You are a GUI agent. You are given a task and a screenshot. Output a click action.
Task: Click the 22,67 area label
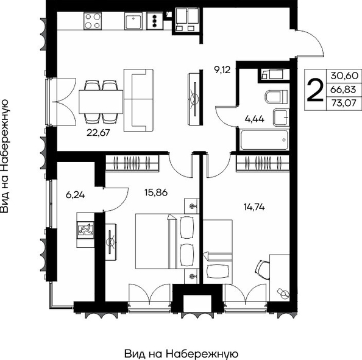point(98,133)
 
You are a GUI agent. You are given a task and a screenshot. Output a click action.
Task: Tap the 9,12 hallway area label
point(222,69)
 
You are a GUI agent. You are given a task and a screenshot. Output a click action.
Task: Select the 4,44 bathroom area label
point(254,119)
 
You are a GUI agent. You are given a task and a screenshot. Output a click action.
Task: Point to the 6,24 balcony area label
point(75,196)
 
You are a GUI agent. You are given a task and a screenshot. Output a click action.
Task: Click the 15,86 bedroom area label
point(156,192)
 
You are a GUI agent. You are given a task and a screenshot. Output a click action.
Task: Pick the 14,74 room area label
point(254,207)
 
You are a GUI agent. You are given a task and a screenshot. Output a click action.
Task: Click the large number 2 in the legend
point(315,90)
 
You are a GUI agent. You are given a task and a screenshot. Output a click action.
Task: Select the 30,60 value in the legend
point(344,76)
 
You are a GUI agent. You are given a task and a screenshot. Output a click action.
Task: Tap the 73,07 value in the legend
point(344,103)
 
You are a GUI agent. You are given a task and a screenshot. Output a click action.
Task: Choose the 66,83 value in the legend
point(343,89)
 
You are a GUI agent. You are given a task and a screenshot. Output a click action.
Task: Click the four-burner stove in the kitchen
point(93,21)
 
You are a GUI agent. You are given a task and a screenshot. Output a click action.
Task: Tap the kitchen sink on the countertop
point(133,21)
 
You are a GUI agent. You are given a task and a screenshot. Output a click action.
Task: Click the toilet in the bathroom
point(276,96)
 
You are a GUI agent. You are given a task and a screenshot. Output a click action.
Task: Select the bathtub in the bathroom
point(264,140)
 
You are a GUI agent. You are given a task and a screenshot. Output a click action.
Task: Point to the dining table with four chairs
point(101,102)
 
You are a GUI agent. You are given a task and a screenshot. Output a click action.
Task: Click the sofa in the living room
point(138,100)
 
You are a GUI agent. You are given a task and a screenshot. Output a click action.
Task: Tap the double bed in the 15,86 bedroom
point(167,241)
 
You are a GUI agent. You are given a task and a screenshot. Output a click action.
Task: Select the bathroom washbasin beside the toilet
point(281,118)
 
